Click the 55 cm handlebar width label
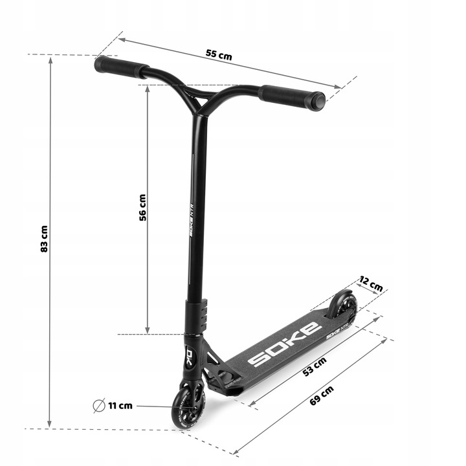[219, 55]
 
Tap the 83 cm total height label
[44, 239]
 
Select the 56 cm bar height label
[142, 208]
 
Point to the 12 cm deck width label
[371, 283]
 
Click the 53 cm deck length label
[315, 366]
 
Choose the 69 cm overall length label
[322, 395]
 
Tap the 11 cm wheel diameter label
[120, 406]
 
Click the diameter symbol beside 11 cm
[99, 405]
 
